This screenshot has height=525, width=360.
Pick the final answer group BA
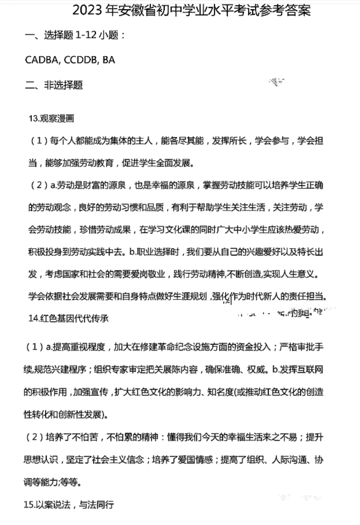(109, 60)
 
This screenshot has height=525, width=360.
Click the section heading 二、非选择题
(54, 85)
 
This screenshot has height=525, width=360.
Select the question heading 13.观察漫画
(51, 119)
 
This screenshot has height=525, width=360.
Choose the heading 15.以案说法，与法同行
(68, 504)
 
